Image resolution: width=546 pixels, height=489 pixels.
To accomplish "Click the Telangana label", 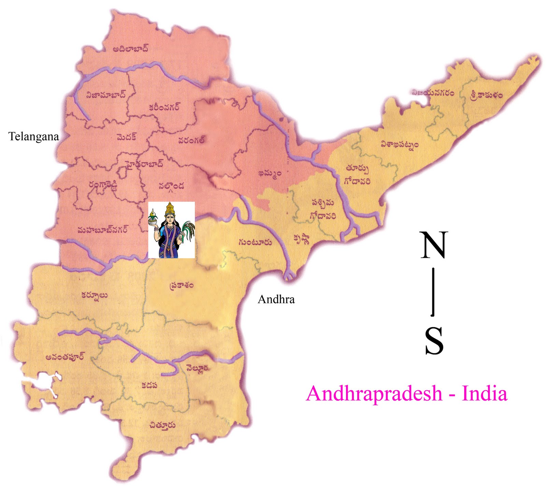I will [x=33, y=137].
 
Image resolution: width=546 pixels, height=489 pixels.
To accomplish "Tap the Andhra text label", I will [x=276, y=299].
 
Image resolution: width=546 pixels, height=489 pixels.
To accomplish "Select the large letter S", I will [x=434, y=341].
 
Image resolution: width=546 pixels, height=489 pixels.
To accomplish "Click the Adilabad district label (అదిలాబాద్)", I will [x=131, y=49].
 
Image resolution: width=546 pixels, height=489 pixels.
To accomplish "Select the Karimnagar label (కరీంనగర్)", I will [x=164, y=107].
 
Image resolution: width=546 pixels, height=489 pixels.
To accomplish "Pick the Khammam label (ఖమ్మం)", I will [x=270, y=173].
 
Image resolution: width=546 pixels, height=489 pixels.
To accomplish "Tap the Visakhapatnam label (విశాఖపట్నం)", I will [x=399, y=145].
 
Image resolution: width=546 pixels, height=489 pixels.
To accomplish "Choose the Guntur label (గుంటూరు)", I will [x=255, y=242].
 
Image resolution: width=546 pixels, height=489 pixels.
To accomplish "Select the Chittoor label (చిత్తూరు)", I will [x=162, y=425].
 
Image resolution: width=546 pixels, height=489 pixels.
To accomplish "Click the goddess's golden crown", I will [x=170, y=208].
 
